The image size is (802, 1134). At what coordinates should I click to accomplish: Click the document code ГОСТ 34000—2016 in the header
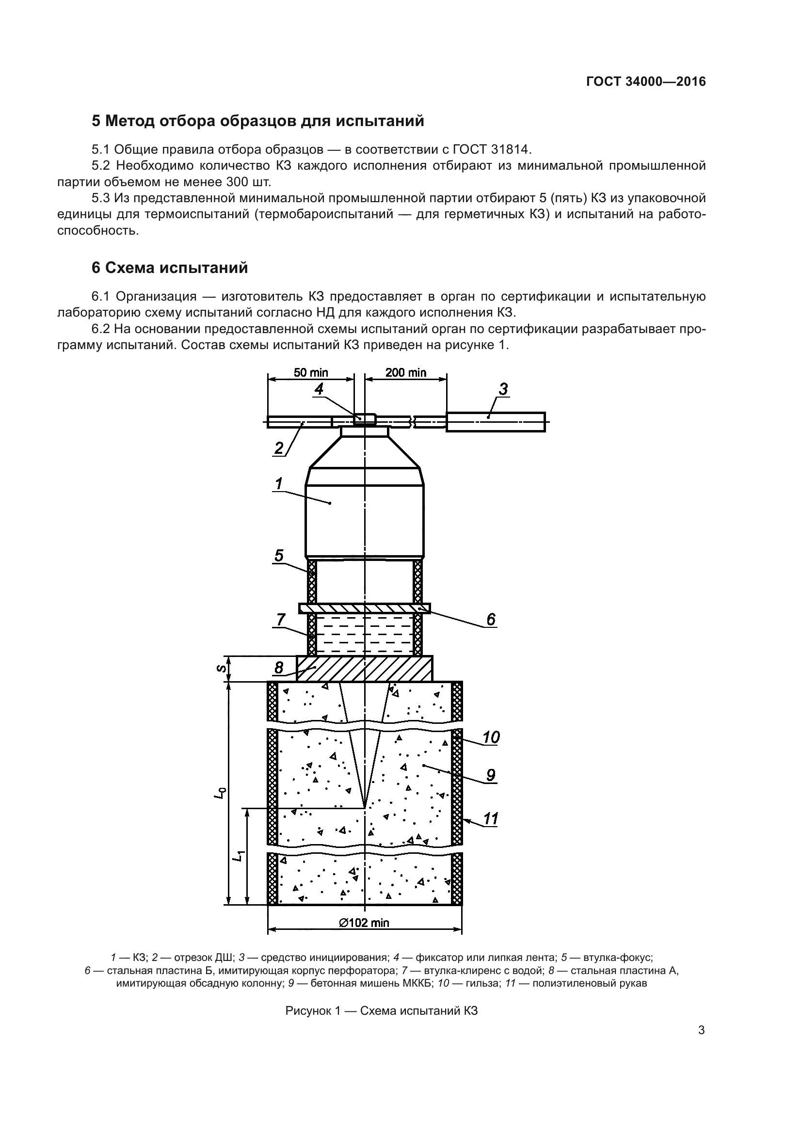[x=646, y=81]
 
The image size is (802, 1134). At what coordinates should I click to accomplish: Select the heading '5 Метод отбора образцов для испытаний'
[x=258, y=121]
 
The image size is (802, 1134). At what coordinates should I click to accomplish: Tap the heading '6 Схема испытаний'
[x=169, y=268]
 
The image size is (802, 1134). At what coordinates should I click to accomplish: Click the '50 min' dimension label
[x=311, y=372]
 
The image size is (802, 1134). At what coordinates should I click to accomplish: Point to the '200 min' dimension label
[x=405, y=372]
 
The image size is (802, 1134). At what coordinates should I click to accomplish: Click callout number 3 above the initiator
[x=503, y=390]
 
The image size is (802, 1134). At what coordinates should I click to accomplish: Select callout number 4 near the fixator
[x=319, y=389]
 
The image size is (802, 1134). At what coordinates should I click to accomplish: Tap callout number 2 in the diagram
[x=279, y=448]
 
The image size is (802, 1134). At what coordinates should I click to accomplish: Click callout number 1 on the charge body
[x=279, y=483]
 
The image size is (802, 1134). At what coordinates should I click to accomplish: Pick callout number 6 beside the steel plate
[x=490, y=619]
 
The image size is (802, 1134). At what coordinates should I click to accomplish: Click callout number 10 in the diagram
[x=491, y=737]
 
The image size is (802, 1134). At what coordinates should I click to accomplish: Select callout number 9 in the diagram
[x=490, y=775]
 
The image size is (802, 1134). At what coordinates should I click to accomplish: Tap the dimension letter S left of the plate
[x=222, y=669]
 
